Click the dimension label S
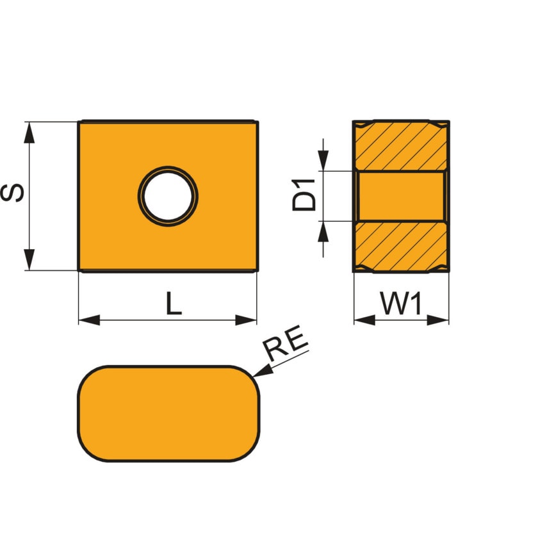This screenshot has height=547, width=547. click(14, 193)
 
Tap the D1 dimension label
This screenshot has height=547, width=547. click(305, 195)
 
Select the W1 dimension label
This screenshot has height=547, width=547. click(402, 304)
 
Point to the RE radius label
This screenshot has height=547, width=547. click(287, 347)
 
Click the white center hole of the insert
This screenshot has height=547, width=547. click(168, 195)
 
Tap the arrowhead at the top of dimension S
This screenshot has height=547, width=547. click(29, 132)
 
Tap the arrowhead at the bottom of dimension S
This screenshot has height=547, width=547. click(29, 260)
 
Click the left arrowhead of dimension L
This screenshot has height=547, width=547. click(89, 320)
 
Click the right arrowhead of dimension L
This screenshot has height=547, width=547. click(247, 320)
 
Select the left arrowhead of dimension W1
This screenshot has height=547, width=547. click(364, 320)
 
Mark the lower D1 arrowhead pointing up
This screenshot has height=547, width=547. click(324, 231)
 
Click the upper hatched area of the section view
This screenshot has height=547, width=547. click(401, 146)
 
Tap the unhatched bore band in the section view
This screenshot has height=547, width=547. click(401, 196)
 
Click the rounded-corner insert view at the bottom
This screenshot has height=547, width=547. click(168, 414)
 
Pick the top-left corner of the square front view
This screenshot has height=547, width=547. click(79, 122)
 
